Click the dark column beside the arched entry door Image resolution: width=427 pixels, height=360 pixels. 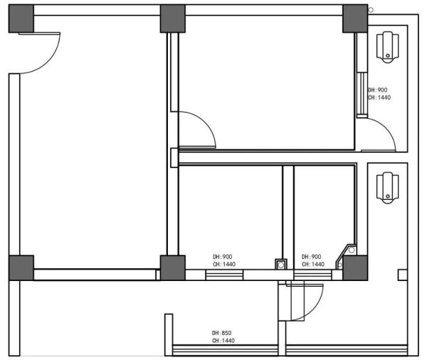[21, 18]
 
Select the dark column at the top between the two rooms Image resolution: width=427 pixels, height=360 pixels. [173, 18]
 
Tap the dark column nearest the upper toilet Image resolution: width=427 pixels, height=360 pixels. [355, 18]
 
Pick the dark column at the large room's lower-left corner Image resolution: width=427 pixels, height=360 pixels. [21, 268]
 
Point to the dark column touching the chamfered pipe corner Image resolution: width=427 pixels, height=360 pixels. [355, 268]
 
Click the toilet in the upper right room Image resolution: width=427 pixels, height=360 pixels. [388, 47]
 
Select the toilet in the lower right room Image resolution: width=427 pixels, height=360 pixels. [388, 188]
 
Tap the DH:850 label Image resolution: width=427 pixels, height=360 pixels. [221, 333]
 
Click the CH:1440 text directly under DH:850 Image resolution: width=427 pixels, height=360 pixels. [223, 340]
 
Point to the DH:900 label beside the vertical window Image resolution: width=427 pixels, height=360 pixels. [377, 90]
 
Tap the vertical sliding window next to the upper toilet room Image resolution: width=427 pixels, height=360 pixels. [362, 95]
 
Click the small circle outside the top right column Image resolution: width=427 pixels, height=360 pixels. [371, 10]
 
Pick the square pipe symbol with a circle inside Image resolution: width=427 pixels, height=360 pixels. [281, 264]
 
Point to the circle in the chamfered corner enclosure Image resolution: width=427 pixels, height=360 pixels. [352, 250]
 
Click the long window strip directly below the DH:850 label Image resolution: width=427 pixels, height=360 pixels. [225, 350]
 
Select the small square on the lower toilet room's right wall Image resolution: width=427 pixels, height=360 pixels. [403, 275]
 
